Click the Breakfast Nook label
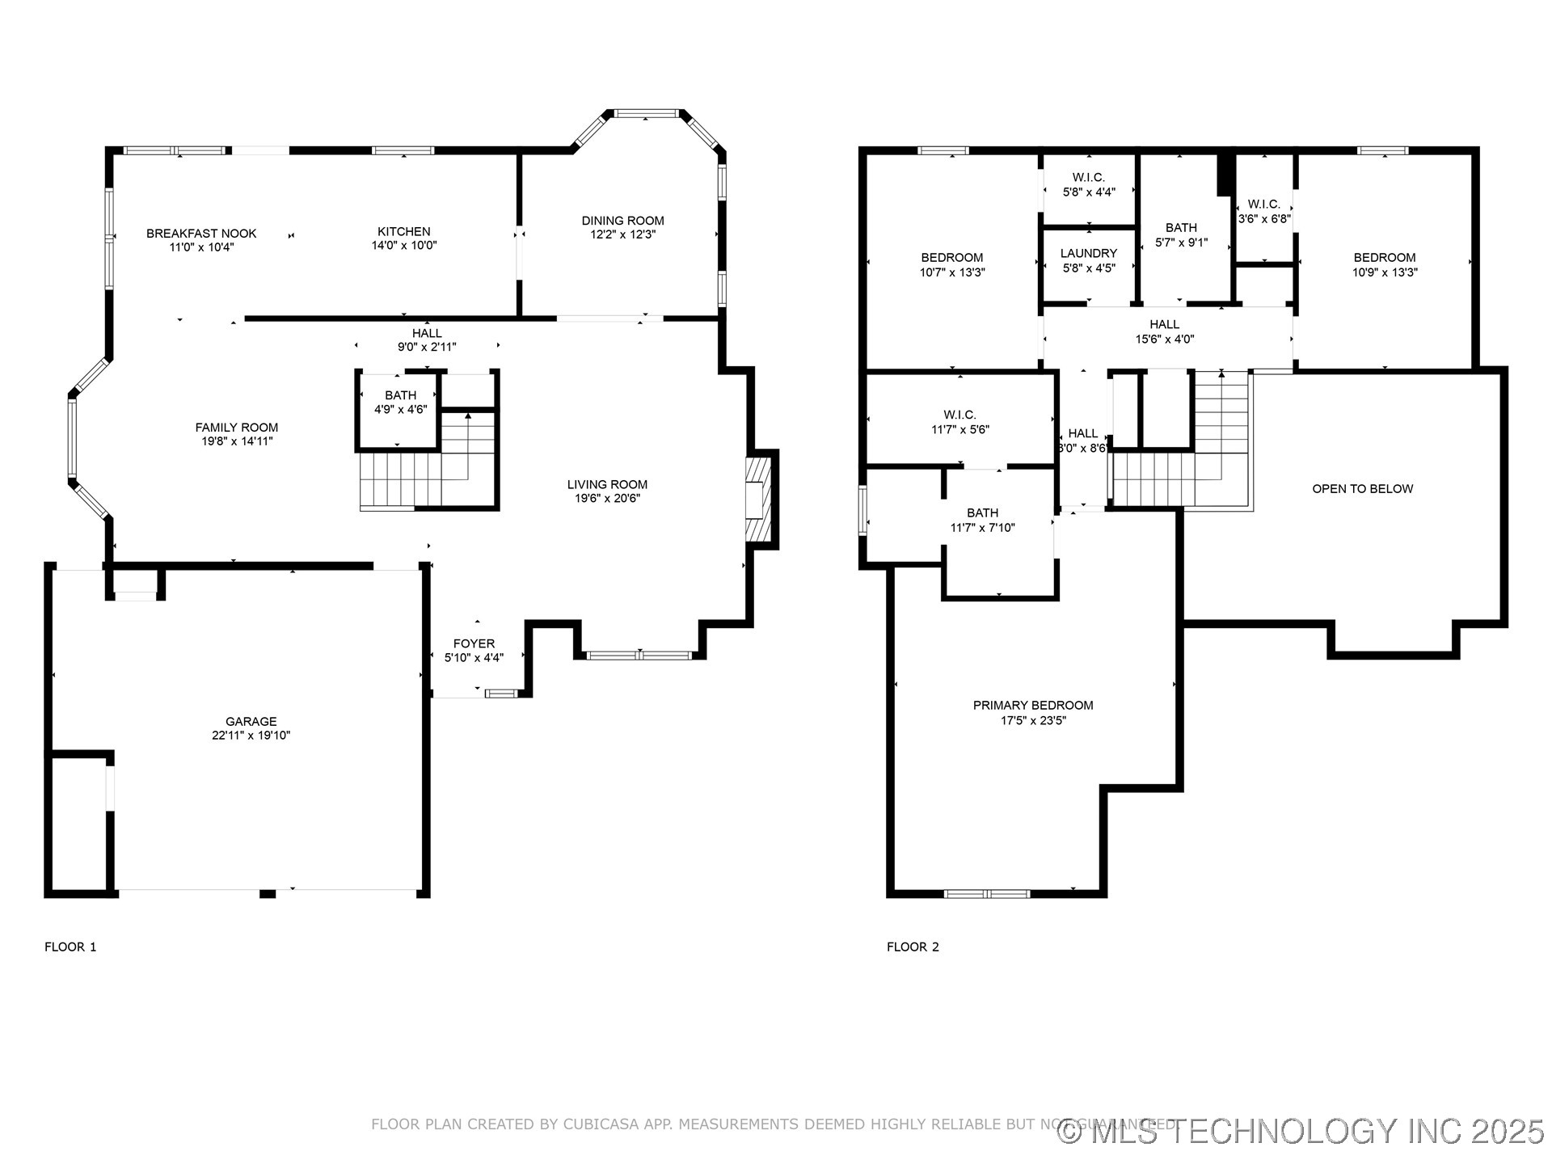tap(201, 234)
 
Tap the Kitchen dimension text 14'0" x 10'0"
tap(404, 246)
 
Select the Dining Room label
tap(622, 221)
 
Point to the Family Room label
tap(236, 428)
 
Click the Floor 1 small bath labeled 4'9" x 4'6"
tap(400, 403)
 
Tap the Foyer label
tap(474, 644)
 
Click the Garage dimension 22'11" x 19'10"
tap(251, 736)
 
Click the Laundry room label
tap(1088, 254)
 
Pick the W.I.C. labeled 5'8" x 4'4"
tap(1088, 185)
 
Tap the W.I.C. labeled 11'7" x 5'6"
tap(959, 422)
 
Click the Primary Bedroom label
tap(1032, 706)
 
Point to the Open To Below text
tap(1362, 489)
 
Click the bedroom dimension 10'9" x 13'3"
tap(1385, 272)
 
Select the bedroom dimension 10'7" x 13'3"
tap(951, 272)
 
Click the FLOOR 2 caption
tap(913, 947)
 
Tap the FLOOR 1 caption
tap(70, 947)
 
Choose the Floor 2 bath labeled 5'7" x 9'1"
tap(1181, 235)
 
